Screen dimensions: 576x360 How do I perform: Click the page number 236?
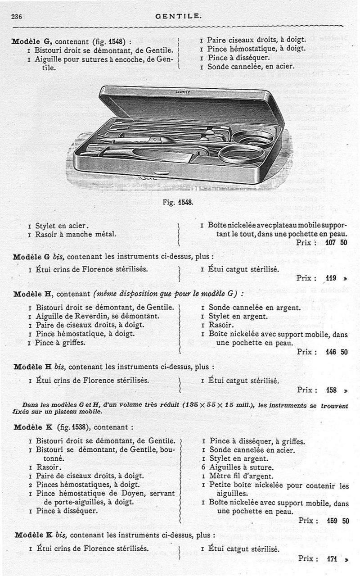[17, 16]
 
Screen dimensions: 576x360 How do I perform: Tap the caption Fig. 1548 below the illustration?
[178, 202]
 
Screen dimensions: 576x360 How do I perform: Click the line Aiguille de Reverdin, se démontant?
[98, 316]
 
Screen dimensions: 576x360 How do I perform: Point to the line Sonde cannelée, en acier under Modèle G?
[251, 66]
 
